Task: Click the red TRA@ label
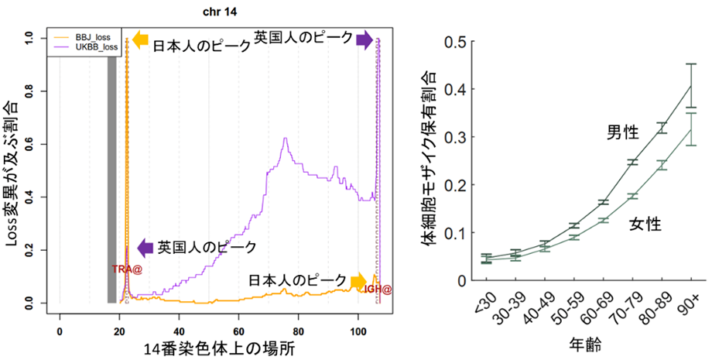pos(127,269)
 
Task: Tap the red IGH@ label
pos(378,289)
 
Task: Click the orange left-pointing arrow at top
pos(139,40)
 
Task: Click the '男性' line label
pos(621,132)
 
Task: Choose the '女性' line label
pos(644,225)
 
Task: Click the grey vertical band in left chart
pos(111,170)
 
